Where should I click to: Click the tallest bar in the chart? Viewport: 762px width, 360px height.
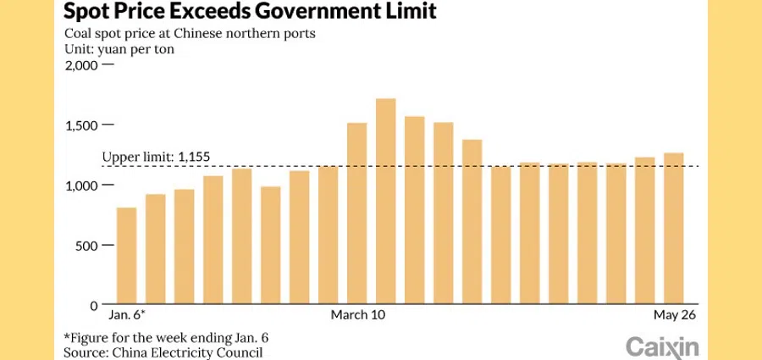pyautogui.click(x=385, y=202)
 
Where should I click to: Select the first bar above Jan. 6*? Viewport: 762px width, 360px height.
pyautogui.click(x=126, y=256)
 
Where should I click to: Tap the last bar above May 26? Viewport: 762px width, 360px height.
pyautogui.click(x=673, y=229)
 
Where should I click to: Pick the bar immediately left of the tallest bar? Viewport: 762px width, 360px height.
pyautogui.click(x=356, y=213)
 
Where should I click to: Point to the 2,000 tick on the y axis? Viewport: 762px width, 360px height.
pyautogui.click(x=82, y=65)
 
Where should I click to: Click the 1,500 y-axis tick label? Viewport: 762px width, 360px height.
pyautogui.click(x=82, y=125)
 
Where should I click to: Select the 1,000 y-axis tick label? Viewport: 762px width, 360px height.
pyautogui.click(x=82, y=186)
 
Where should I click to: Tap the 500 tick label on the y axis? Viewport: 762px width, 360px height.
pyautogui.click(x=88, y=246)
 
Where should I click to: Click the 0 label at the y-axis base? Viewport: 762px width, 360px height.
pyautogui.click(x=95, y=305)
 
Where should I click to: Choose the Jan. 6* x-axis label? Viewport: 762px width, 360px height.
pyautogui.click(x=126, y=315)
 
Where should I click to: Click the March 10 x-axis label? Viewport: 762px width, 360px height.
pyautogui.click(x=356, y=315)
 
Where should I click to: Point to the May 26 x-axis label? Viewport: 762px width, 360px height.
pyautogui.click(x=674, y=315)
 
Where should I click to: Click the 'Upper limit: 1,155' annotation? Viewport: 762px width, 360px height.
pyautogui.click(x=155, y=157)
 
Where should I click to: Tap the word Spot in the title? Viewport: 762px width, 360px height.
pyautogui.click(x=85, y=12)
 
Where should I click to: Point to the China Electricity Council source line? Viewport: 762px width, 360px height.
pyautogui.click(x=163, y=352)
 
